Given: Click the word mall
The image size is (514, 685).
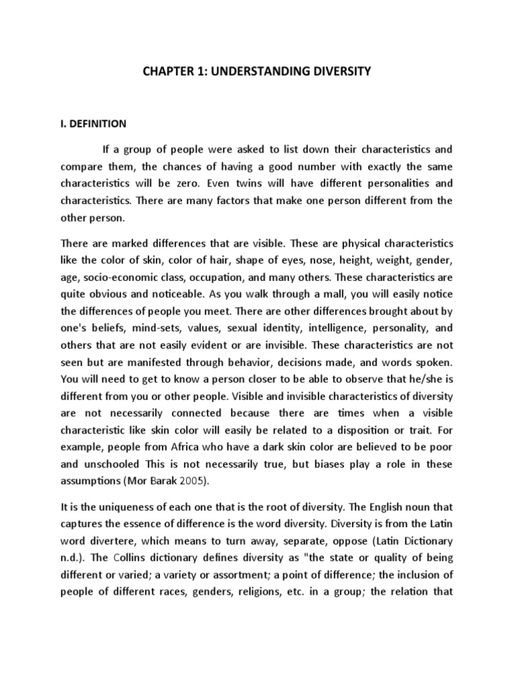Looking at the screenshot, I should pos(292,312).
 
